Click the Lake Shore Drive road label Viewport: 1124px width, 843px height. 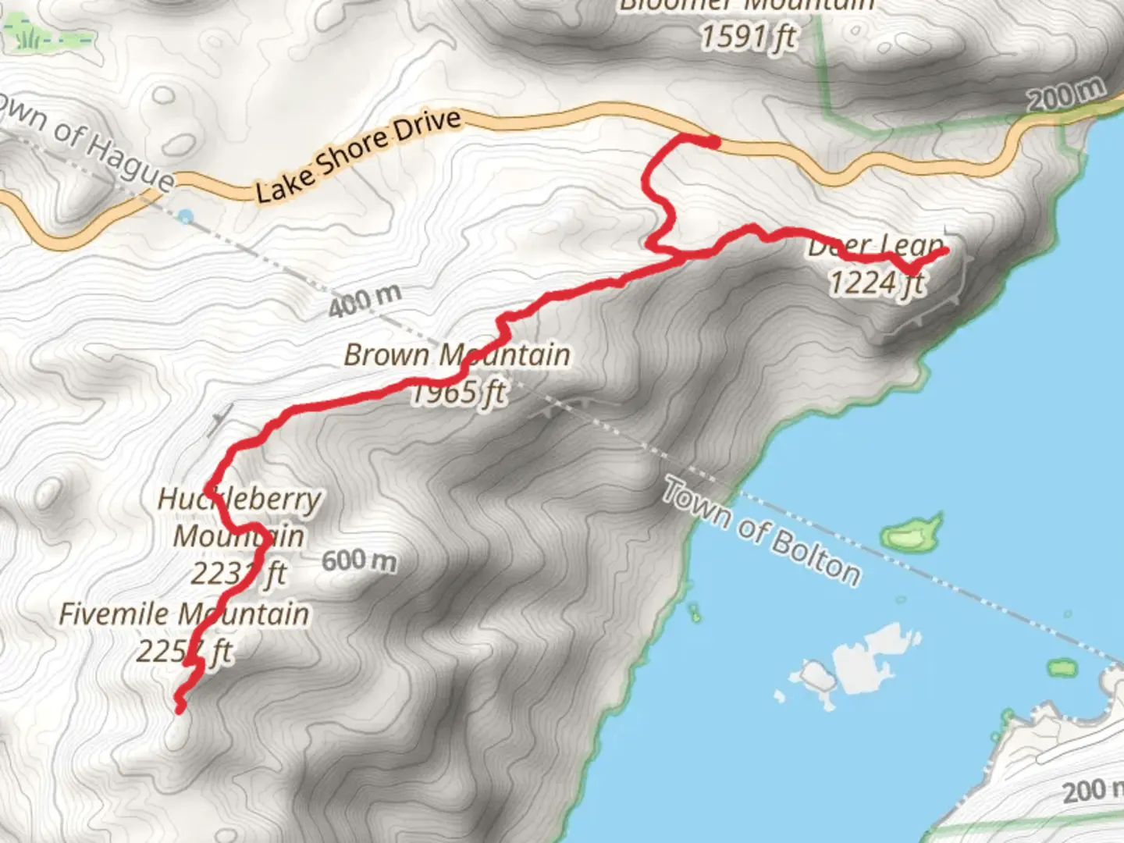click(358, 156)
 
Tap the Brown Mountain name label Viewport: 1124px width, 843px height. click(457, 355)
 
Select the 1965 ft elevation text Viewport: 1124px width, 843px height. click(459, 392)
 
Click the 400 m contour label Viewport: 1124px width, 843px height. click(365, 301)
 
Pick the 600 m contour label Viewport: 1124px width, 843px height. click(359, 560)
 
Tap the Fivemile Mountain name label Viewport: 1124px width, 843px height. click(184, 614)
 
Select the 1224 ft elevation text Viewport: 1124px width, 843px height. click(877, 283)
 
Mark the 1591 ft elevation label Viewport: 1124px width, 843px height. click(748, 36)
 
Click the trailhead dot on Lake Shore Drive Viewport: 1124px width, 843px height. click(713, 142)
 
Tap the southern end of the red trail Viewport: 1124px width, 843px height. click(180, 709)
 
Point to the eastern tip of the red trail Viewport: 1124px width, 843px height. click(945, 251)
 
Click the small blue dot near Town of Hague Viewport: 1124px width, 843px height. click(185, 217)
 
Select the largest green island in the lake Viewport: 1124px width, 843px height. click(912, 533)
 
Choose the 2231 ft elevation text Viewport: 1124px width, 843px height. click(239, 574)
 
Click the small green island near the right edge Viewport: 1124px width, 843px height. click(1062, 668)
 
